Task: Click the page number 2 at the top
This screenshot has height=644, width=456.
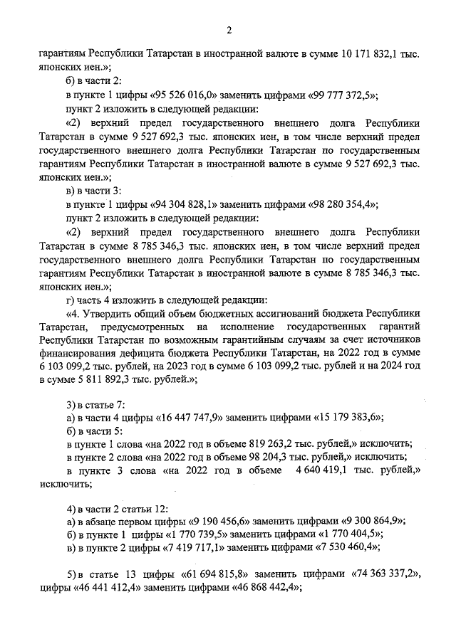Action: (x=228, y=29)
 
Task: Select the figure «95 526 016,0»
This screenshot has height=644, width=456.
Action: (x=175, y=95)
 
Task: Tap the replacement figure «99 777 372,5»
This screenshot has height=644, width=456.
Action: (x=336, y=95)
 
